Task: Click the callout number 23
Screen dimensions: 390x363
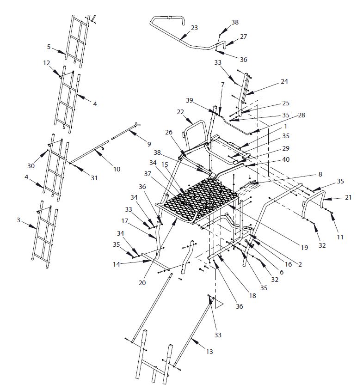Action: click(194, 28)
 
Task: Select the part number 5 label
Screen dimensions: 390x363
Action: click(49, 46)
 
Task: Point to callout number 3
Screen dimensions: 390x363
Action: click(18, 220)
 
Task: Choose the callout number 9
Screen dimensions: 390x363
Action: click(148, 144)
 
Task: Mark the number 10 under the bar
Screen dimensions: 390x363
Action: click(117, 169)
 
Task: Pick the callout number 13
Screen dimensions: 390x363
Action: click(209, 352)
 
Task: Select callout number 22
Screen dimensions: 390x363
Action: click(180, 112)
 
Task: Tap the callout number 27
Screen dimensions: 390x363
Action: click(243, 36)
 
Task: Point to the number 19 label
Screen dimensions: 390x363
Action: click(304, 248)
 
